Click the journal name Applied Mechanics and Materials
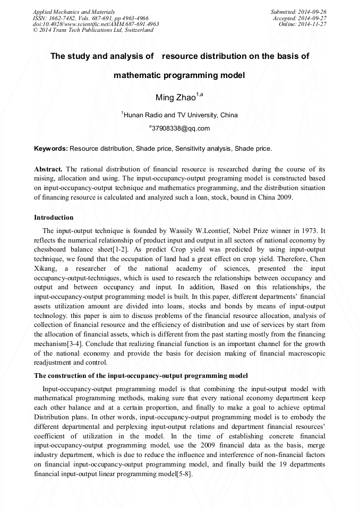click(x=74, y=11)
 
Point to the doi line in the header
click(x=96, y=24)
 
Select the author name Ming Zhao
click(x=175, y=97)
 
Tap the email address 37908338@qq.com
click(x=181, y=128)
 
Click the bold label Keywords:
click(x=51, y=149)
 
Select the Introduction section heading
click(x=54, y=218)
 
